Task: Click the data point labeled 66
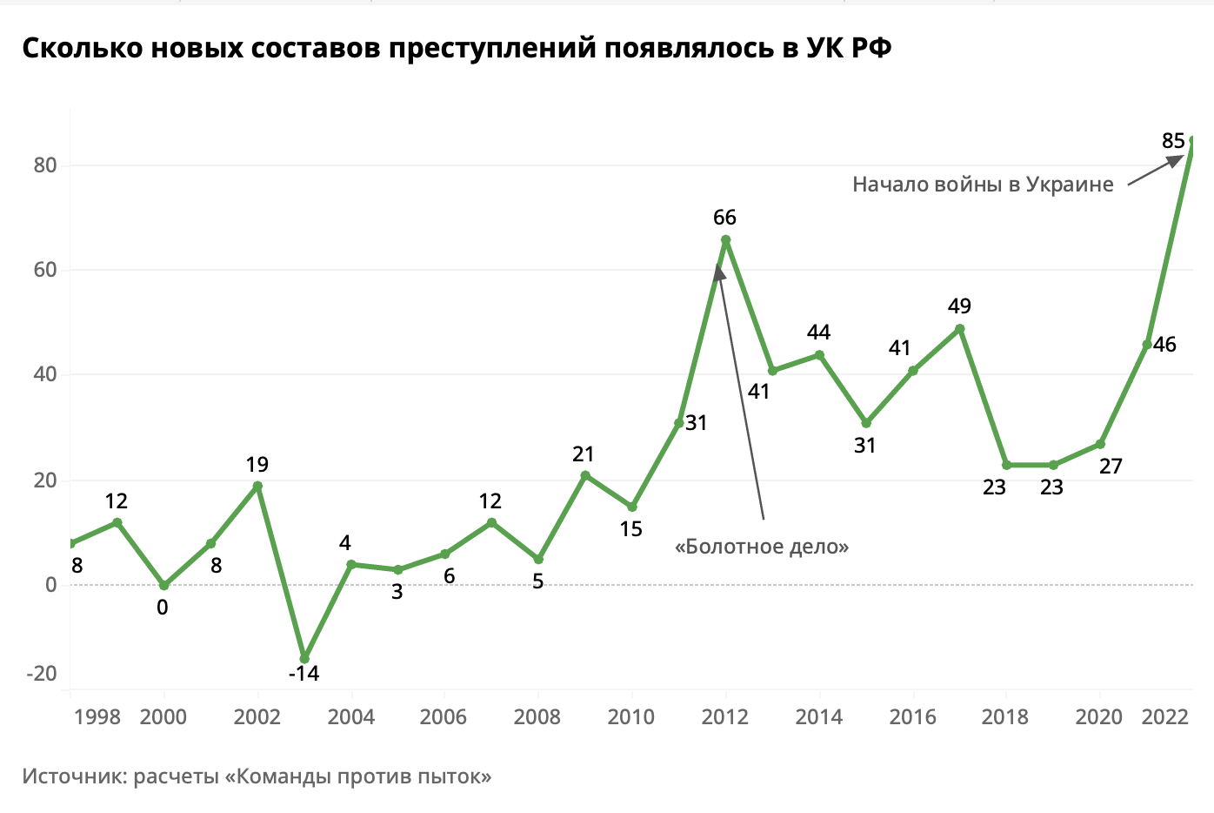point(725,240)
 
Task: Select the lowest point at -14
point(304,658)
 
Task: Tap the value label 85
point(1173,140)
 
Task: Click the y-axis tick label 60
point(45,270)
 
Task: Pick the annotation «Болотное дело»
point(762,547)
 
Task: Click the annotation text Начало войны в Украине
point(983,185)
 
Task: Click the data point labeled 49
point(960,329)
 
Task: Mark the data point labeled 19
point(257,486)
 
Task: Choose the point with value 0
point(163,586)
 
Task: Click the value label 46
point(1164,345)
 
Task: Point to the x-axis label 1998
point(97,716)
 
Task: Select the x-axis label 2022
point(1164,716)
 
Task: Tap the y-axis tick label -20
point(42,673)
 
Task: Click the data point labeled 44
point(819,355)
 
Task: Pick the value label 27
point(1111,467)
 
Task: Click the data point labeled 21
point(585,475)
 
